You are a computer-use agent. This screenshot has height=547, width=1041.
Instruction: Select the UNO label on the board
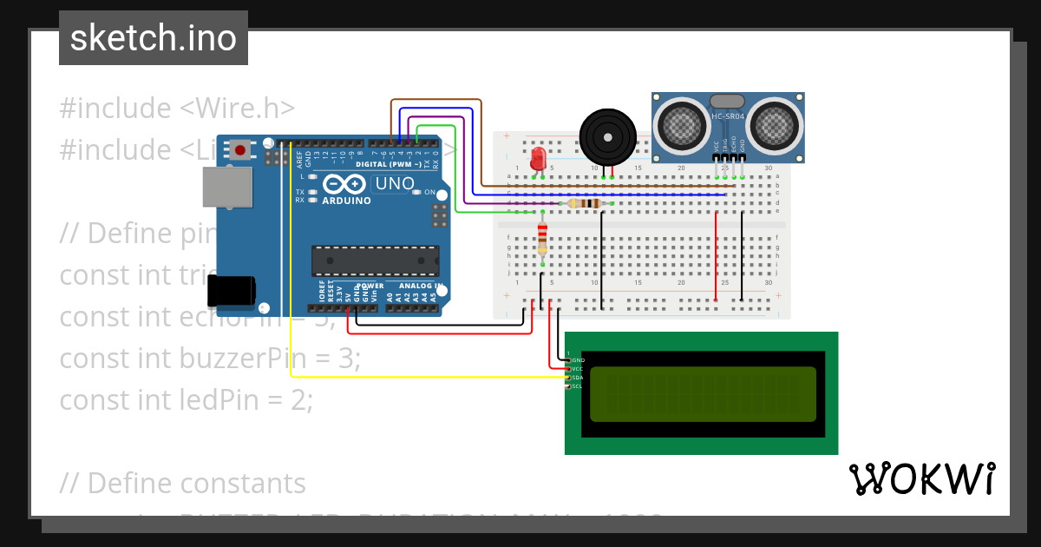[394, 184]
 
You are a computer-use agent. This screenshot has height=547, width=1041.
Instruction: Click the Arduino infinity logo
[341, 185]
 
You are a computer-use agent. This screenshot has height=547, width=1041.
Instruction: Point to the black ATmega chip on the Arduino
[375, 260]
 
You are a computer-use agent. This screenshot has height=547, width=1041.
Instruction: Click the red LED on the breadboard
[538, 158]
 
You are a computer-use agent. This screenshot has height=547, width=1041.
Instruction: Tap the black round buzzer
[607, 135]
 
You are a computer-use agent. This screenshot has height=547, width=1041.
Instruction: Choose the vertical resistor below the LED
[543, 238]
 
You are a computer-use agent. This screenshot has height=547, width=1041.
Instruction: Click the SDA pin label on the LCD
[578, 378]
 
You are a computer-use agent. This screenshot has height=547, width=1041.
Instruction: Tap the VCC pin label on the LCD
[578, 369]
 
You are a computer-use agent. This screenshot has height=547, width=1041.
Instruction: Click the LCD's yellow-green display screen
[703, 393]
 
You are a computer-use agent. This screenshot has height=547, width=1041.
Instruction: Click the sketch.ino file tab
[154, 38]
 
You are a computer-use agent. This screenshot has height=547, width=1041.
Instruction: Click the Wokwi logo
[921, 478]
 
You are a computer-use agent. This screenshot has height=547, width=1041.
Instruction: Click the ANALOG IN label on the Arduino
[421, 286]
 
